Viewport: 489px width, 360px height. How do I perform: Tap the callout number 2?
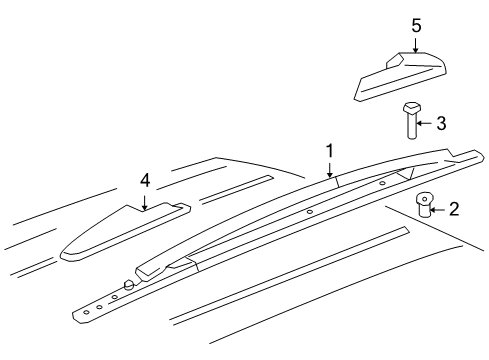click(x=453, y=209)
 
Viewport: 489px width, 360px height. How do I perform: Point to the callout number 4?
click(x=145, y=181)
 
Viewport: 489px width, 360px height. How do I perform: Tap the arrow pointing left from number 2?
click(x=437, y=210)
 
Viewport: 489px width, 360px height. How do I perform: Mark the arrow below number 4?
click(x=145, y=201)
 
